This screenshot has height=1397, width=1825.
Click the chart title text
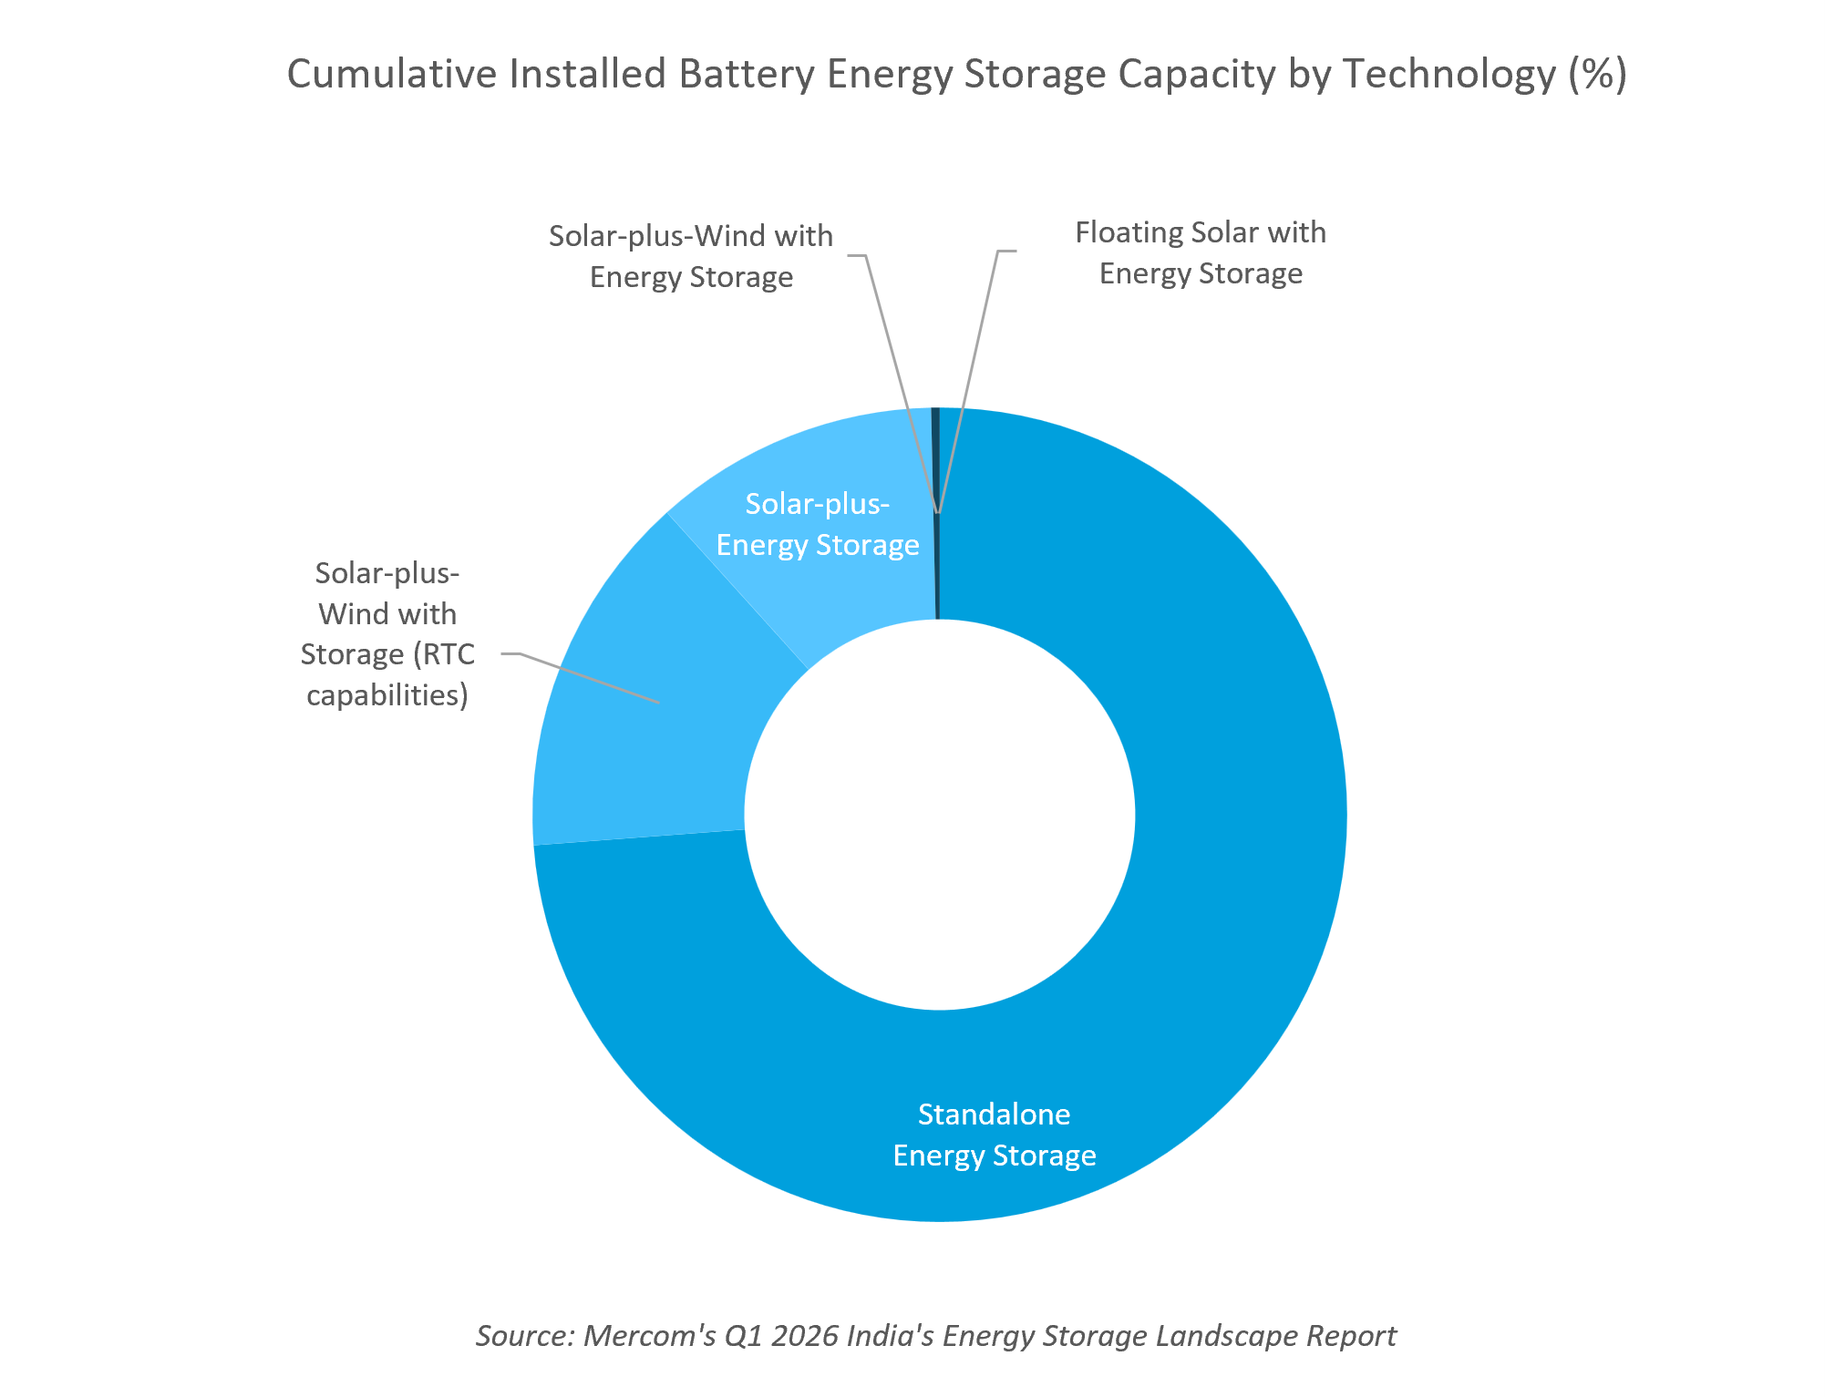pos(957,74)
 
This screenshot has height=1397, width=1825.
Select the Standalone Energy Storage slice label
pos(995,1135)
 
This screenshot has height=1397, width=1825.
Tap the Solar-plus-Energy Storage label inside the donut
pos(818,524)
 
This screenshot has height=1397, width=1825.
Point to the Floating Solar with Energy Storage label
pos(1201,252)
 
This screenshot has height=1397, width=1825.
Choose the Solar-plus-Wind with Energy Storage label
pos(691,256)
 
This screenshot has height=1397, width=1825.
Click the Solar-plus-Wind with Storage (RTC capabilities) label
pos(387,634)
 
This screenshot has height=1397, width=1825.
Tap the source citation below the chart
pos(935,1336)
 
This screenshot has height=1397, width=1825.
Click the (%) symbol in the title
pos(1597,74)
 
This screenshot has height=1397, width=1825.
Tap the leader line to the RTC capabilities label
pos(581,677)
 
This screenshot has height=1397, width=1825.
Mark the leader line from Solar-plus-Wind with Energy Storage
pos(898,383)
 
